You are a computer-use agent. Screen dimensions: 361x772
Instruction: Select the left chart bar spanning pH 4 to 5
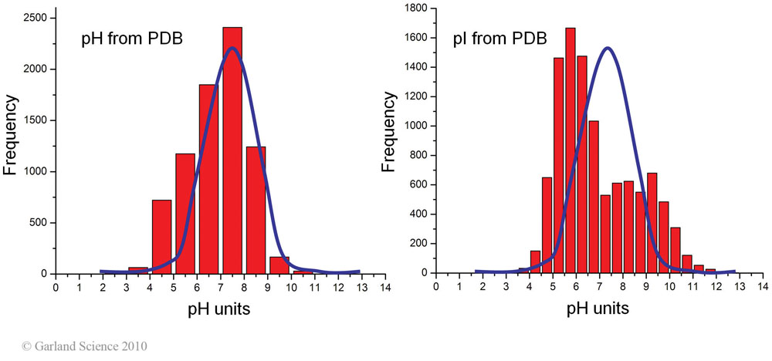tap(162, 238)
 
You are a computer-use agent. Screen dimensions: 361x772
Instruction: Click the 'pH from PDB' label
tap(132, 39)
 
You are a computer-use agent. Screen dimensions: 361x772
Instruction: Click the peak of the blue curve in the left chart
tap(232, 49)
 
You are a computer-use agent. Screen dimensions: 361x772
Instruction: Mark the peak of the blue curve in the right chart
tap(608, 48)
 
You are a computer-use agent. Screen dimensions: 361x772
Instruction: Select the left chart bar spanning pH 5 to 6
tap(185, 214)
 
